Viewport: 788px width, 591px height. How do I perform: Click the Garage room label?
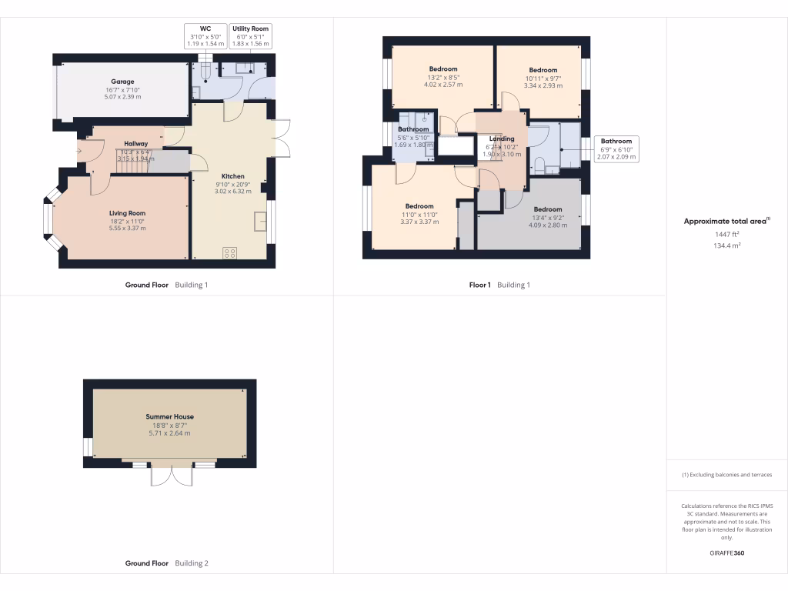point(122,82)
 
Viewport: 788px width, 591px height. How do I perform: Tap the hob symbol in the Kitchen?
point(229,252)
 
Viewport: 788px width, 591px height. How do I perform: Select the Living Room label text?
point(127,213)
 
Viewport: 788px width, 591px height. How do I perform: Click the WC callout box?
point(206,36)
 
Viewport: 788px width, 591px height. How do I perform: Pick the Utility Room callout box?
point(251,36)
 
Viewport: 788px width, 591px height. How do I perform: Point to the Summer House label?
point(169,417)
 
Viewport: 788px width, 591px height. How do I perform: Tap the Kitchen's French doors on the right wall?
point(281,139)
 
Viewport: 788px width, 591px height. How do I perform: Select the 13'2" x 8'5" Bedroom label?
point(444,69)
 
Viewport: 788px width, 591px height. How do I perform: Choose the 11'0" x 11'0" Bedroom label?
point(419,206)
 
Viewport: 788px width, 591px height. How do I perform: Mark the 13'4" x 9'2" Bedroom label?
point(548,209)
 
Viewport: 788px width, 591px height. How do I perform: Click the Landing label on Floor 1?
point(502,139)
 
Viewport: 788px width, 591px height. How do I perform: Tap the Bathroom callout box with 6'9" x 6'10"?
point(616,149)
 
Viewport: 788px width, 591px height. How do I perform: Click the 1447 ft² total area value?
point(727,234)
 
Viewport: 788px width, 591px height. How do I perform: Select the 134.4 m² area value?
point(727,245)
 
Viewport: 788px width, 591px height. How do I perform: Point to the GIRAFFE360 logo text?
point(727,553)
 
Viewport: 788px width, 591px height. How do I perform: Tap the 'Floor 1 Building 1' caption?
point(500,285)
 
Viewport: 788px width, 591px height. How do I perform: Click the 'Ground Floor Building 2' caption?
point(167,563)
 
